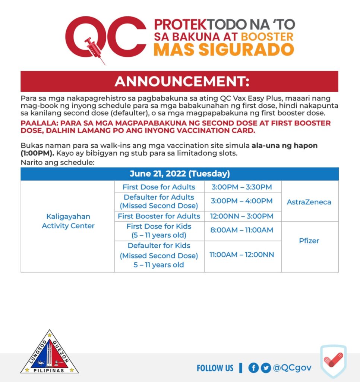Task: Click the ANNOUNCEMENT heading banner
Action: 179,81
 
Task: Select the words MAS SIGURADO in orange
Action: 224,50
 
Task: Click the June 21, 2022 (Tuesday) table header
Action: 179,174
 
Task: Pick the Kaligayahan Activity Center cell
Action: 68,221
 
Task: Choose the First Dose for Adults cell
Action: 159,187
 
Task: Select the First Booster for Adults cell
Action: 159,216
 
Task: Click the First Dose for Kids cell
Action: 159,231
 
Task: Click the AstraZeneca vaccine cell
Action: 309,202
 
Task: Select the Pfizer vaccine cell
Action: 309,241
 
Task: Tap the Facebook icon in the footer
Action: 253,368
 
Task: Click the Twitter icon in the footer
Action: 266,368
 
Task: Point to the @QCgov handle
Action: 292,368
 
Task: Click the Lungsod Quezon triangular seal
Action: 50,353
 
